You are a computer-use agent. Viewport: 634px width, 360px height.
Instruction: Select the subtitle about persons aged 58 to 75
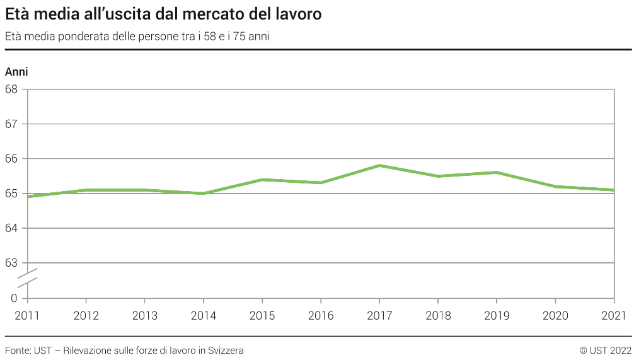[137, 37]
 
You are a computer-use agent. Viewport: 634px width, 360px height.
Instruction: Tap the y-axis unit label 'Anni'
[16, 72]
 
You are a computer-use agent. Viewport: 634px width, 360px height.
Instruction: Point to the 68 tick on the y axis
[11, 89]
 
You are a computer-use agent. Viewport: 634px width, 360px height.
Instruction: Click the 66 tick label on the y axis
[11, 159]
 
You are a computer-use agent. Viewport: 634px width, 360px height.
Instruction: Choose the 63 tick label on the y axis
[11, 263]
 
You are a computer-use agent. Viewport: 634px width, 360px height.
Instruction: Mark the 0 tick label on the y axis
[14, 298]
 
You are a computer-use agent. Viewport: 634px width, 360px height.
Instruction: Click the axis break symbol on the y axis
[27, 278]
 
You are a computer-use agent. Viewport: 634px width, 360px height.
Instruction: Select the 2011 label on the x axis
[27, 315]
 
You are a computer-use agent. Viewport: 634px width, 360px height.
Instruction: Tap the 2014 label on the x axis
[203, 315]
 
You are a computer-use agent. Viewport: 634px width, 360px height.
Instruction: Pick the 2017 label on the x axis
[379, 315]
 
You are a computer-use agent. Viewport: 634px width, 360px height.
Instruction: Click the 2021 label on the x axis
[614, 315]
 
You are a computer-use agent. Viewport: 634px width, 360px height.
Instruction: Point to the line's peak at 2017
[379, 165]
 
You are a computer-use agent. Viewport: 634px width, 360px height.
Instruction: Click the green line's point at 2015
[262, 180]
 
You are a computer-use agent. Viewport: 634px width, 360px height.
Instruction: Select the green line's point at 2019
[497, 172]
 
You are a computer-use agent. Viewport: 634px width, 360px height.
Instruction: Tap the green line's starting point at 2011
[28, 197]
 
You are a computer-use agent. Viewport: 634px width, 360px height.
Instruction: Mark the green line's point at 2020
[555, 187]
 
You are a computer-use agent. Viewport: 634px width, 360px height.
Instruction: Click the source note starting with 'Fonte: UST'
[124, 350]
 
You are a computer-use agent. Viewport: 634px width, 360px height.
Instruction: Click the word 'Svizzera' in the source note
[225, 350]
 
